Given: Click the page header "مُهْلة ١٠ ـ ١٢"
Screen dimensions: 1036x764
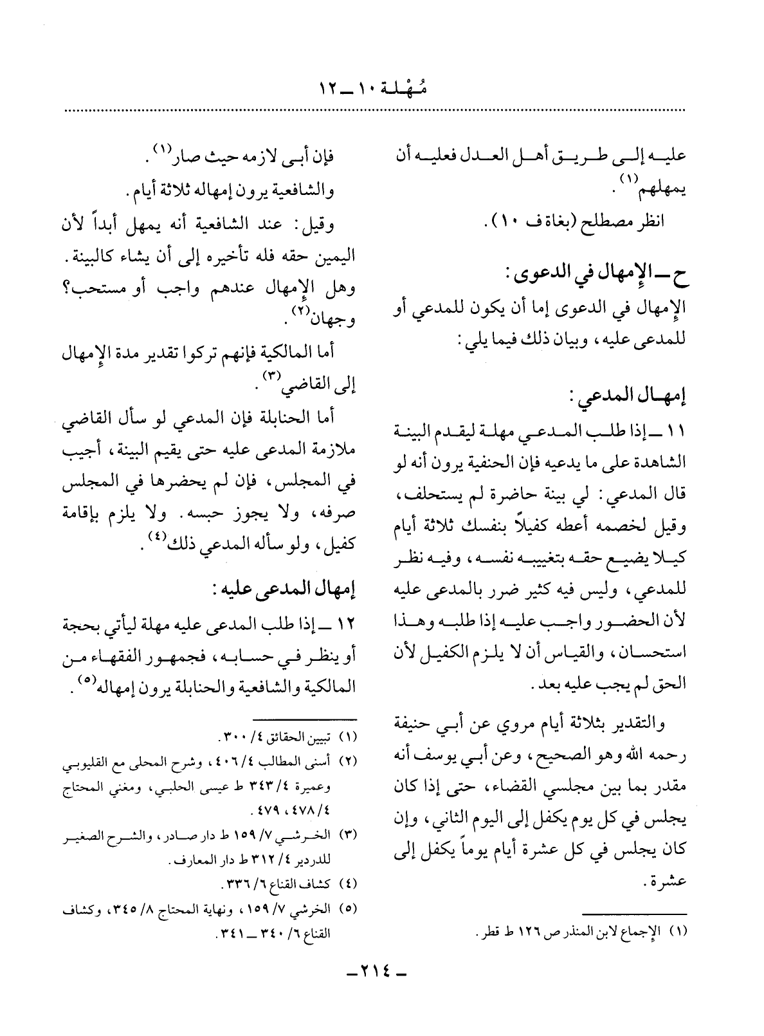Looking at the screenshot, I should (x=381, y=89).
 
